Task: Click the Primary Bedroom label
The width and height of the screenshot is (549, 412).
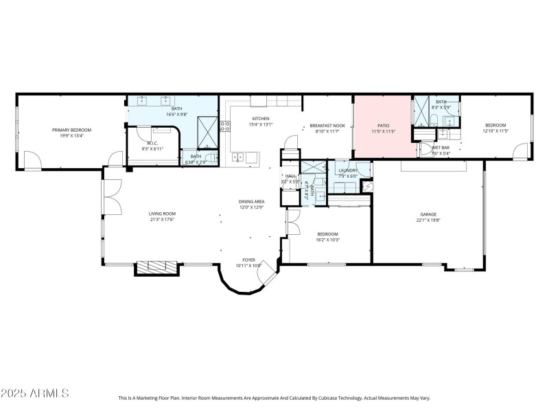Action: (71, 130)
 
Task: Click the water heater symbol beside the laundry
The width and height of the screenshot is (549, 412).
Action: (366, 186)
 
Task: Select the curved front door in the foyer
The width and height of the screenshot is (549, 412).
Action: (266, 277)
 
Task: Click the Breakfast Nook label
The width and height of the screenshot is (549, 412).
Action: (327, 126)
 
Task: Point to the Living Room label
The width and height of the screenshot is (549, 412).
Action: (163, 214)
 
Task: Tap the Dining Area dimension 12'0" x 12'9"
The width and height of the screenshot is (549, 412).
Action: (252, 207)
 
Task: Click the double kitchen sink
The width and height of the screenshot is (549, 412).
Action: (237, 157)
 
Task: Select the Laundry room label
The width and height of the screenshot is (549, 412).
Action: (348, 170)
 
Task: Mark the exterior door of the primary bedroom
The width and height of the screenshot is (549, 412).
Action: (32, 162)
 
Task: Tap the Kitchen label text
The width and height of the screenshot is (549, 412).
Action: (261, 119)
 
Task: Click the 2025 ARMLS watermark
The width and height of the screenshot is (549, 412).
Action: (36, 393)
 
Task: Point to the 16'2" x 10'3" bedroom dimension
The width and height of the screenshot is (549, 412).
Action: (329, 240)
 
